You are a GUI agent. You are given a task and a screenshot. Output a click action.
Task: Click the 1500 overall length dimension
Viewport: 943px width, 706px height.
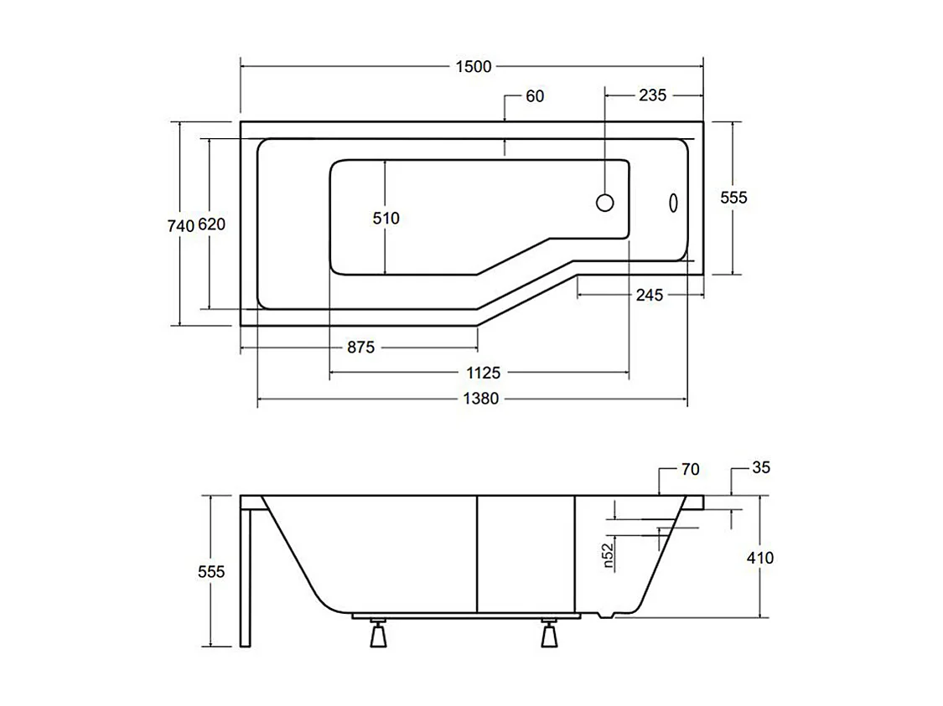tap(473, 67)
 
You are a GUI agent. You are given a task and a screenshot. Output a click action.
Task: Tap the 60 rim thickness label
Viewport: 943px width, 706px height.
tap(535, 96)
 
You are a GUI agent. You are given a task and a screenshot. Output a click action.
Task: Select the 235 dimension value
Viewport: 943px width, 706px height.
tap(652, 95)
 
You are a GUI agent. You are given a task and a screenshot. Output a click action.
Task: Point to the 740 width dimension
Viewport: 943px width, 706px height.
tap(180, 225)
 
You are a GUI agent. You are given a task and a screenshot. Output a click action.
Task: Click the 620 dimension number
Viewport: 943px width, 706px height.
tap(211, 225)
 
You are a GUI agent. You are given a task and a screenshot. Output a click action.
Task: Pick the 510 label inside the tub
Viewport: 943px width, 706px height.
tap(386, 218)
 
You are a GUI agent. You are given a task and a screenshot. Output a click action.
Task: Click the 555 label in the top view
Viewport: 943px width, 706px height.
tap(733, 198)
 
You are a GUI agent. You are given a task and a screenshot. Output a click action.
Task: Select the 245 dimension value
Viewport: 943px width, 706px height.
tap(649, 295)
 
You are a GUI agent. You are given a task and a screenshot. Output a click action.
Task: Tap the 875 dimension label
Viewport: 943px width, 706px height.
tap(360, 348)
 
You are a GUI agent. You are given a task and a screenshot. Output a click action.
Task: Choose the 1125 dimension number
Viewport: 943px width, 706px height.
tap(480, 373)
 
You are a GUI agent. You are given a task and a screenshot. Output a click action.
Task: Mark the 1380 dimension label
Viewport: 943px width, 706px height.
tap(480, 399)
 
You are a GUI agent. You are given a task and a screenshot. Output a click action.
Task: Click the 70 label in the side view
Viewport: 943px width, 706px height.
tap(690, 470)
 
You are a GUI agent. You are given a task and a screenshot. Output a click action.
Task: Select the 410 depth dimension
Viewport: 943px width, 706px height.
tap(760, 558)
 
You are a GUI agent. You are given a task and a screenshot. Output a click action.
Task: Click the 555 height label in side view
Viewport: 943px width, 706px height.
tap(211, 571)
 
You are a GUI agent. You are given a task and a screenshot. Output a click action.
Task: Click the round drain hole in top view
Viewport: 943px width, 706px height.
tap(604, 203)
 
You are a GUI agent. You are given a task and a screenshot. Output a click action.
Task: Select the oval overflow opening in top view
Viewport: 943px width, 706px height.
tap(672, 203)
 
